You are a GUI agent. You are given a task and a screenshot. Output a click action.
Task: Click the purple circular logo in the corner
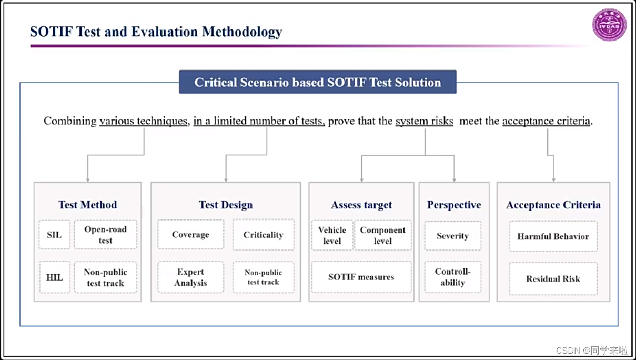click(609, 25)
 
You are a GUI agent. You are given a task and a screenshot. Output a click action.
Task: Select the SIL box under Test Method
click(54, 235)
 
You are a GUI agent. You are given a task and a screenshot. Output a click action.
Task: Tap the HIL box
click(54, 277)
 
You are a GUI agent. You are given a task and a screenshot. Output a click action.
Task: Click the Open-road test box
click(105, 235)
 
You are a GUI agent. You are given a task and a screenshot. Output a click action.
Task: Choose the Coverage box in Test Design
click(190, 235)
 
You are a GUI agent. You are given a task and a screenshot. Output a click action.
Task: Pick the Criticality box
click(263, 235)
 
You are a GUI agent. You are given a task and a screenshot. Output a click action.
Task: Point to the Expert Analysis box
click(190, 277)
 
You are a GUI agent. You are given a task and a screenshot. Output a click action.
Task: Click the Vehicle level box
click(332, 235)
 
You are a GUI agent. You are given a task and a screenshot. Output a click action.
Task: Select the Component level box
click(382, 235)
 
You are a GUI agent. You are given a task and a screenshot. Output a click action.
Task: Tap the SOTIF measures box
click(361, 277)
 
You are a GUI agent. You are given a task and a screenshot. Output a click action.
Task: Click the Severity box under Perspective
click(452, 235)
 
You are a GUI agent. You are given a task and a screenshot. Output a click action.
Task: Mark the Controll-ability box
click(452, 277)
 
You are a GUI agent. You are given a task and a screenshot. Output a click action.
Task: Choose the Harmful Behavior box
click(553, 236)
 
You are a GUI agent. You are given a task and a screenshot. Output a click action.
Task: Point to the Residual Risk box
click(553, 278)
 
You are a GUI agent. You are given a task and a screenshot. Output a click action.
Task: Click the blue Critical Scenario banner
click(317, 82)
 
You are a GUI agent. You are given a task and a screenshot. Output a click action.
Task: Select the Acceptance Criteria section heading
click(553, 205)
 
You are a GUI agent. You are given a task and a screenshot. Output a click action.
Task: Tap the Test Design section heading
click(226, 205)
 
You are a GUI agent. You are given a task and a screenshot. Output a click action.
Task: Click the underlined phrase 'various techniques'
click(144, 121)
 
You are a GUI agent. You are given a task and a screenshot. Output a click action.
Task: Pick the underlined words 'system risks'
click(424, 121)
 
